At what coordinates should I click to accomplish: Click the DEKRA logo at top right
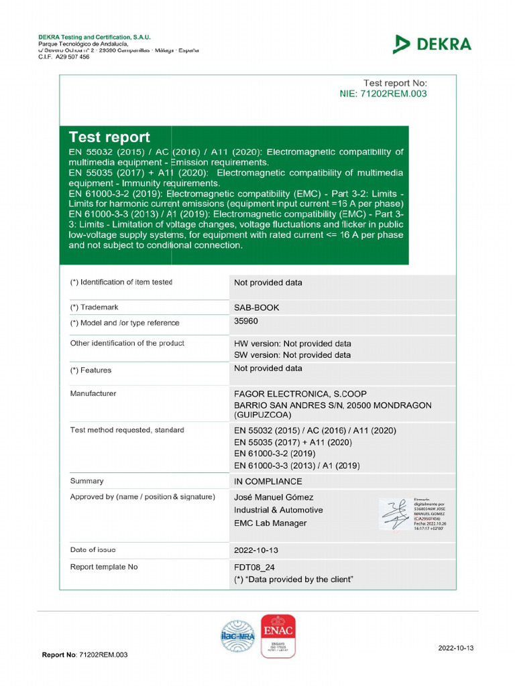pyautogui.click(x=432, y=44)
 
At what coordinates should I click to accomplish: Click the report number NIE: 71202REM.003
pyautogui.click(x=383, y=94)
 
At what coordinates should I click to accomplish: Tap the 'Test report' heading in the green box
pyautogui.click(x=109, y=137)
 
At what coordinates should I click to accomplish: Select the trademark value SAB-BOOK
pyautogui.click(x=256, y=307)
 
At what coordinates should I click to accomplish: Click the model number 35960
pyautogui.click(x=245, y=321)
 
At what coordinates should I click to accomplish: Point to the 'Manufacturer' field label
pyautogui.click(x=93, y=393)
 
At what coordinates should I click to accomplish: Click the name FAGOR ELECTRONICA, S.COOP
pyautogui.click(x=300, y=394)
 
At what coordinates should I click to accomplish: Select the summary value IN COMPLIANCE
pyautogui.click(x=268, y=481)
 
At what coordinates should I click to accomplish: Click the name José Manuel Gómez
pyautogui.click(x=273, y=497)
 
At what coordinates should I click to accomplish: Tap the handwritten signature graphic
pyautogui.click(x=395, y=514)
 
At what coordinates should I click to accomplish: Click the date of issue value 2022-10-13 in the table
pyautogui.click(x=255, y=551)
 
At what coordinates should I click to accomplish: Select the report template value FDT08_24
pyautogui.click(x=253, y=567)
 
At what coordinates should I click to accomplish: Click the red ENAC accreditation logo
pyautogui.click(x=278, y=635)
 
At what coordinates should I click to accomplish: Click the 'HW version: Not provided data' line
pyautogui.click(x=292, y=343)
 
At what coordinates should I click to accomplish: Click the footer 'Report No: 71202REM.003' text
pyautogui.click(x=84, y=655)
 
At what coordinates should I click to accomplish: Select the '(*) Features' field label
pyautogui.click(x=91, y=370)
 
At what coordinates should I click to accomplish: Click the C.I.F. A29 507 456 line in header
pyautogui.click(x=64, y=58)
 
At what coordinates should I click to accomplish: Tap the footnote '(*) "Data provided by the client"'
pyautogui.click(x=293, y=579)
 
